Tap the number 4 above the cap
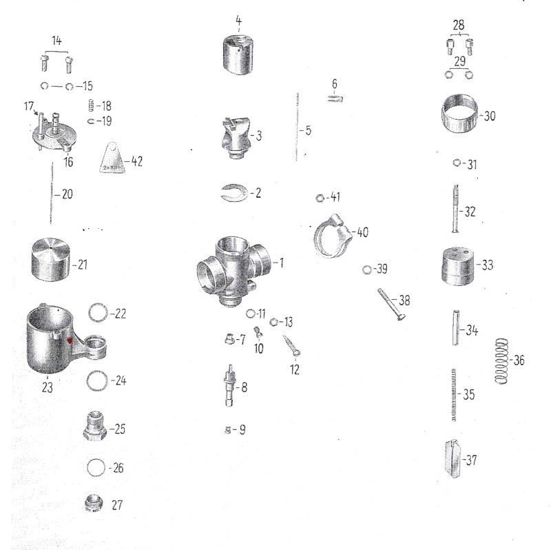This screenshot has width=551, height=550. click(238, 21)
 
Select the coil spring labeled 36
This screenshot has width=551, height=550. click(501, 360)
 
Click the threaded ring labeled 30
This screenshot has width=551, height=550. click(459, 113)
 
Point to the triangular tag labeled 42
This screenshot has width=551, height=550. click(112, 159)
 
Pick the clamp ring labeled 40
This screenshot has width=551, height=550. click(332, 235)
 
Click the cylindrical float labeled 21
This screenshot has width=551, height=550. click(50, 260)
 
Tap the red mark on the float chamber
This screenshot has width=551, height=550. click(70, 340)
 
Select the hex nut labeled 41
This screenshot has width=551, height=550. click(320, 198)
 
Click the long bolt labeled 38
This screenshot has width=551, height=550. click(391, 304)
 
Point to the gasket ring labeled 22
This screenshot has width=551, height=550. click(98, 312)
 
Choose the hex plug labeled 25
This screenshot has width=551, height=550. click(94, 426)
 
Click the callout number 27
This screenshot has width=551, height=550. click(117, 505)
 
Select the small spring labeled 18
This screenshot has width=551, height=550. click(91, 105)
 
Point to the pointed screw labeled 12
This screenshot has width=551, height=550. click(291, 345)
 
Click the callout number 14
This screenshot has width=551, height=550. click(56, 41)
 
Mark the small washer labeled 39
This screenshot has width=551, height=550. click(366, 269)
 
